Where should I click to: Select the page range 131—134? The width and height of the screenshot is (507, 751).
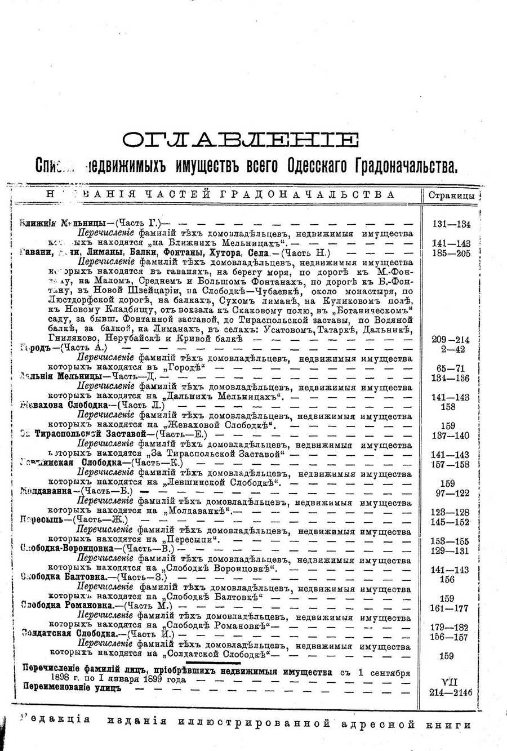(451, 224)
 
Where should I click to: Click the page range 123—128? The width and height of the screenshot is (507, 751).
(451, 512)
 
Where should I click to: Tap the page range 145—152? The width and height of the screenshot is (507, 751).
(451, 522)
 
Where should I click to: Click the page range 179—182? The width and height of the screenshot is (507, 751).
(451, 627)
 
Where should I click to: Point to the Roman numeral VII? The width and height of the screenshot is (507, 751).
(451, 682)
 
